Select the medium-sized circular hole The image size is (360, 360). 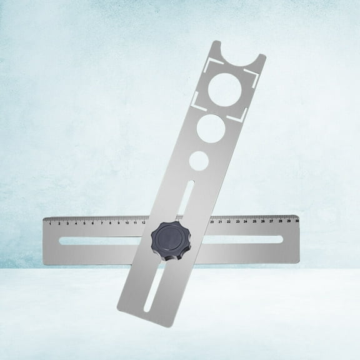(212, 130)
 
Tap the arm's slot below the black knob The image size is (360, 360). (151, 287)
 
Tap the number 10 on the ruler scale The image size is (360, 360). (127, 222)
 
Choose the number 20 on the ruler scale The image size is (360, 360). (212, 221)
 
